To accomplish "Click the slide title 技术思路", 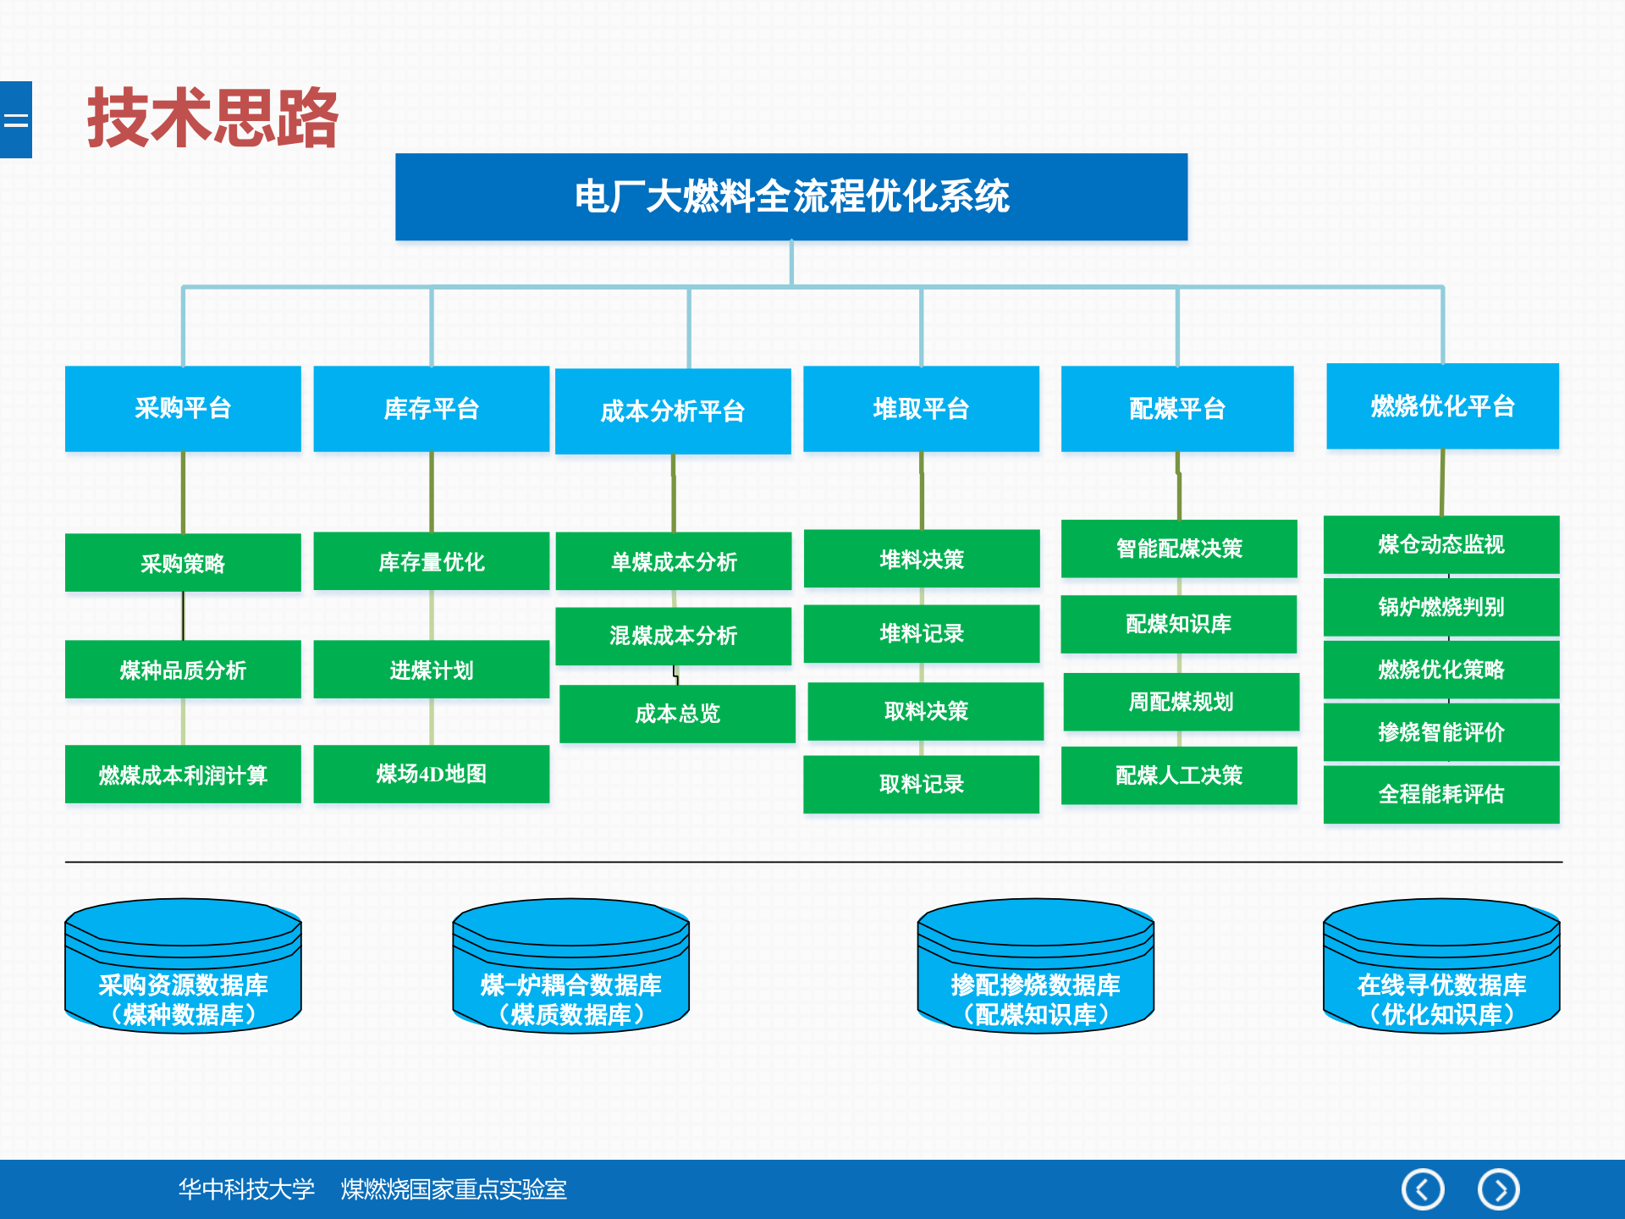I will tap(212, 119).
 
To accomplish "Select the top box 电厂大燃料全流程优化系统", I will tap(791, 196).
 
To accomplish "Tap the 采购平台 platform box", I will tap(183, 408).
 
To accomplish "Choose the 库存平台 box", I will tap(431, 409).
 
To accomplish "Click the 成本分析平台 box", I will tap(673, 411).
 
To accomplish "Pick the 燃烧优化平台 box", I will tap(1442, 406).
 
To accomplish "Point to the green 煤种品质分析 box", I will tap(183, 670).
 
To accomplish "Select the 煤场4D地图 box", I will tap(431, 774).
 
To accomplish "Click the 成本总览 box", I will tap(677, 714).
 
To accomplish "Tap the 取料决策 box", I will tap(925, 711).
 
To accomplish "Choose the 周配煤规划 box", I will tap(1181, 702).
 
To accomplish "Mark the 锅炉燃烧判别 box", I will tap(1440, 607).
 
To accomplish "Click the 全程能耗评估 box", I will tap(1440, 794).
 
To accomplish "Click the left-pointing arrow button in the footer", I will tap(1423, 1189).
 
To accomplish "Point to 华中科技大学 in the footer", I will tap(246, 1189).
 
